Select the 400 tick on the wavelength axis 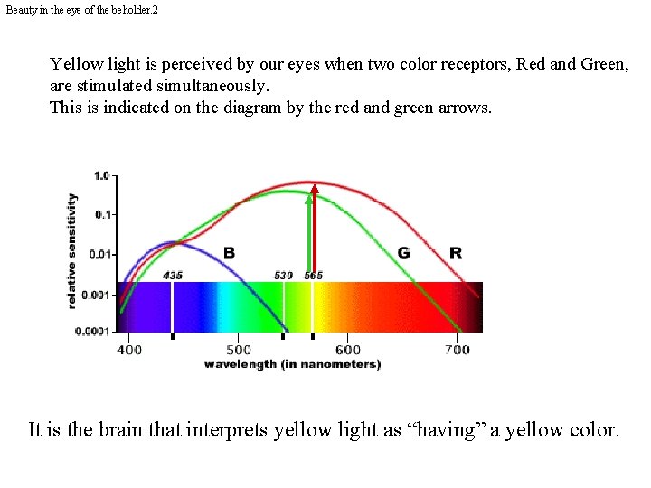click(129, 350)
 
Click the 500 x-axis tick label click(239, 350)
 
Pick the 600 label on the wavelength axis click(348, 350)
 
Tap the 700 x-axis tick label click(458, 350)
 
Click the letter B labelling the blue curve click(229, 253)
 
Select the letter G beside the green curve click(404, 253)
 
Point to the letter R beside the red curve click(455, 253)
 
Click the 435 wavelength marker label click(173, 275)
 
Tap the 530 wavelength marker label click(284, 275)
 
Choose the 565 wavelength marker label click(313, 275)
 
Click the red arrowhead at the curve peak click(315, 190)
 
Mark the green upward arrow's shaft click(308, 235)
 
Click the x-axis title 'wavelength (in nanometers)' click(292, 364)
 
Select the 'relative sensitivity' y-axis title click(72, 250)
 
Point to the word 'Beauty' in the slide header click(22, 8)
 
